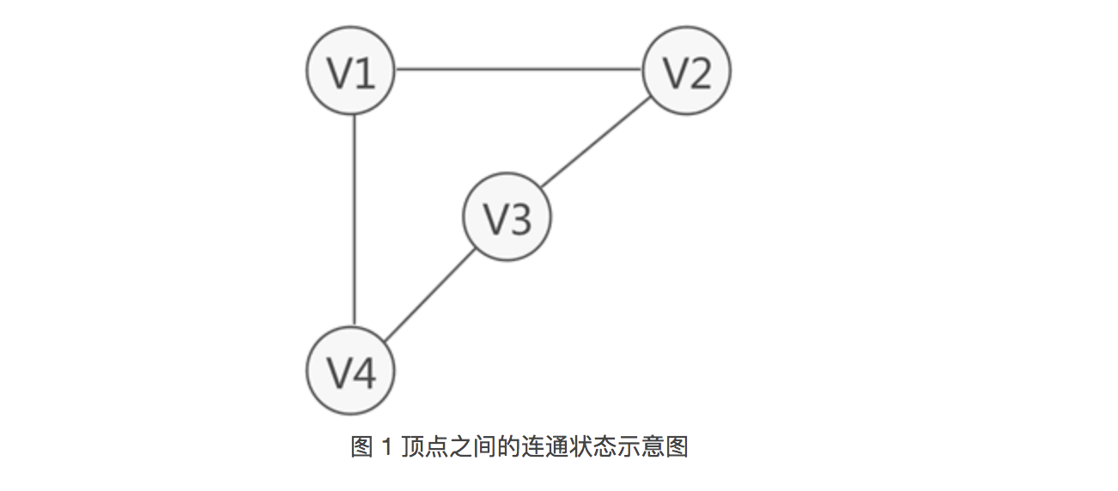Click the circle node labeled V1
[351, 72]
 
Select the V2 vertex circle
[687, 72]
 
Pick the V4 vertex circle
[351, 371]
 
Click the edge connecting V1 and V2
[519, 70]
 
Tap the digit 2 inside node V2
[700, 74]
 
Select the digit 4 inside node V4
[364, 373]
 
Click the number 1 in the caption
[386, 447]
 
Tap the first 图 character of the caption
[362, 447]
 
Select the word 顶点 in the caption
[416, 447]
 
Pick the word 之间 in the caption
[462, 447]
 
